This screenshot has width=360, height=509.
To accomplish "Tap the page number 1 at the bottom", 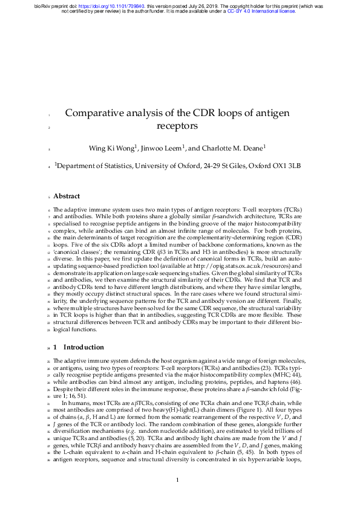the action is coord(177,480).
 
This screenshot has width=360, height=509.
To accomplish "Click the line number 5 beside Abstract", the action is coord(48,196).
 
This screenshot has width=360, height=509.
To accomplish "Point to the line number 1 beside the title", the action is coord(48,114).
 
